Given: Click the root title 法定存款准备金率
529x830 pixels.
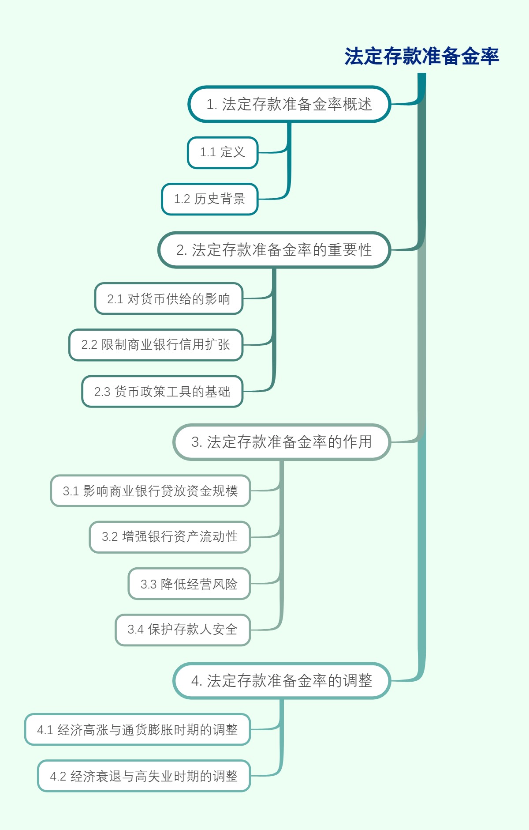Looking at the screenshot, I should (x=421, y=57).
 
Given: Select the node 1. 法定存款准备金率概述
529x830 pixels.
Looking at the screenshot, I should (x=289, y=104).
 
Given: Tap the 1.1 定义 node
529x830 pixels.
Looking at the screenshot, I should (x=223, y=152).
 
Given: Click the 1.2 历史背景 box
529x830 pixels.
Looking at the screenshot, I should (x=210, y=199).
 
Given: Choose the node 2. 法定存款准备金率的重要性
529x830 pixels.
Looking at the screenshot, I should (x=274, y=250).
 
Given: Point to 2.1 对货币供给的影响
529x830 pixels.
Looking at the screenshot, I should (x=169, y=299).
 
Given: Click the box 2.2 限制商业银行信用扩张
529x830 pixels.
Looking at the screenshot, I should (x=156, y=345).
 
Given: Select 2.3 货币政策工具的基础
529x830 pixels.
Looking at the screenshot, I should (x=162, y=392).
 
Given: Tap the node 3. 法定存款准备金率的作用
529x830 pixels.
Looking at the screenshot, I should (x=282, y=442).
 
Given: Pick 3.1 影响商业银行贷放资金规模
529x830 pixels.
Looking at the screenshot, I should (x=150, y=491).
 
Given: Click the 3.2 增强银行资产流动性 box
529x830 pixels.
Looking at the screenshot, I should (x=170, y=537).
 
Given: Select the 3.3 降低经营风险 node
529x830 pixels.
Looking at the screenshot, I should (x=189, y=584).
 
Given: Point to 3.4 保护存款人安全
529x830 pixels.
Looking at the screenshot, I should (x=183, y=630).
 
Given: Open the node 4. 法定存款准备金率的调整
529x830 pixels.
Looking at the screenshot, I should (x=282, y=681).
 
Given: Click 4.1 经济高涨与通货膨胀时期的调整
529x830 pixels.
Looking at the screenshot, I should (x=138, y=730).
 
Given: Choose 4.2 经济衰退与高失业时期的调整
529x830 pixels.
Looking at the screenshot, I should (x=144, y=776).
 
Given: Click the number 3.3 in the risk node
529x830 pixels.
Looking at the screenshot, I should (x=149, y=585).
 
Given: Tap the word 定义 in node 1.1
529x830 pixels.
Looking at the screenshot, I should (x=233, y=152).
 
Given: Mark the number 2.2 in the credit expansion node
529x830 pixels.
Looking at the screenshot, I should (x=89, y=345).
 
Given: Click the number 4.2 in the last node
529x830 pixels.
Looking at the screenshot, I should (x=58, y=777).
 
